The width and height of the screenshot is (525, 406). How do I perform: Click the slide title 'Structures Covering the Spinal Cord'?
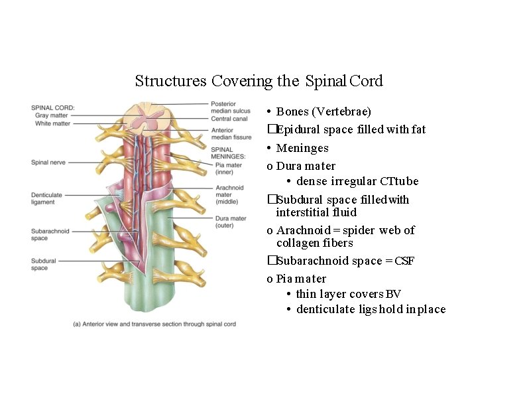click(259, 82)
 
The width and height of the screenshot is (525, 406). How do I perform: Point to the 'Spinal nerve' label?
click(48, 162)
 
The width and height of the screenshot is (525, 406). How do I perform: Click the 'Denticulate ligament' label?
click(47, 198)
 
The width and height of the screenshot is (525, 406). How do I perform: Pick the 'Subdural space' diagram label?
click(44, 264)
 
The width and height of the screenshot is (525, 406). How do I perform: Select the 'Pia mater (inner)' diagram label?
click(229, 169)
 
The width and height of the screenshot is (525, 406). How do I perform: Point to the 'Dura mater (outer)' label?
click(231, 222)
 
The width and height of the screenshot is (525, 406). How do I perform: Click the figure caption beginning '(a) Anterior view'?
click(154, 324)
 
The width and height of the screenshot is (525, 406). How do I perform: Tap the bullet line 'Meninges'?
click(302, 148)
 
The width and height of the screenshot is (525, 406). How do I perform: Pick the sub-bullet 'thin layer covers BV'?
click(349, 294)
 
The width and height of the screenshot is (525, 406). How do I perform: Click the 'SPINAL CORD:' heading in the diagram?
click(52, 107)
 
